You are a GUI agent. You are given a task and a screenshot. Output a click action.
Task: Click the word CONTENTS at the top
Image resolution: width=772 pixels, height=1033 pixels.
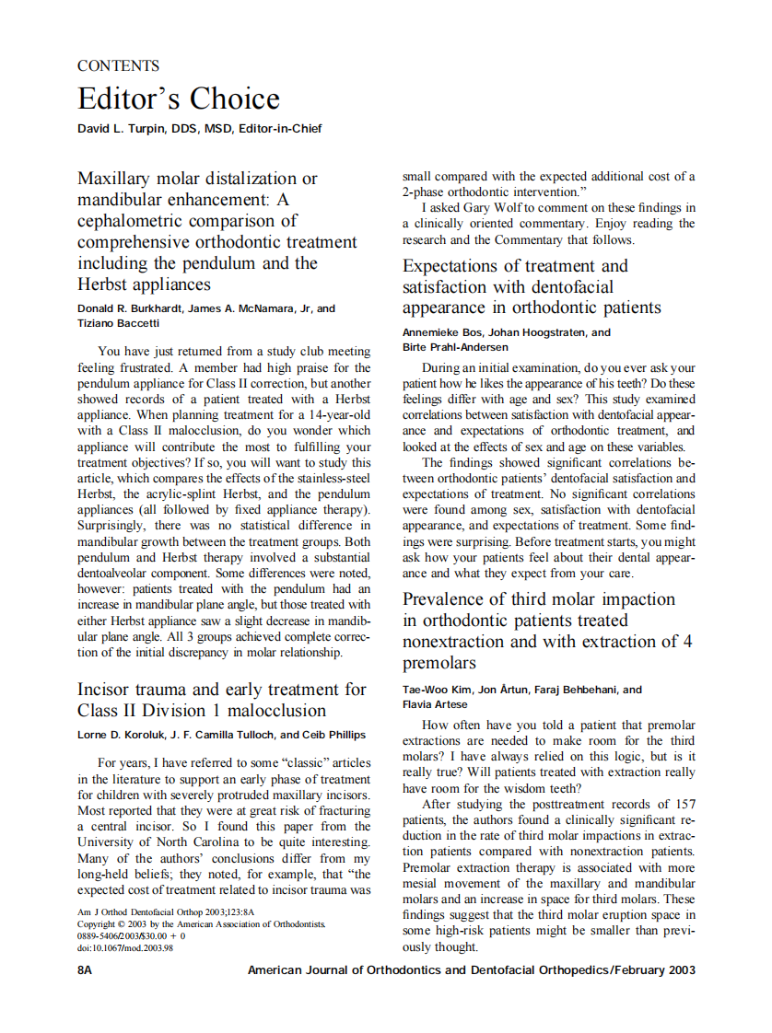click(118, 66)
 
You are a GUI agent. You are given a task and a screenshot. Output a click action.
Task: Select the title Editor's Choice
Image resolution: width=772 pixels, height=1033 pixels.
click(178, 99)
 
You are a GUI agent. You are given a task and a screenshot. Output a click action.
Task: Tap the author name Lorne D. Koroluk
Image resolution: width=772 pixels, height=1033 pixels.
click(122, 735)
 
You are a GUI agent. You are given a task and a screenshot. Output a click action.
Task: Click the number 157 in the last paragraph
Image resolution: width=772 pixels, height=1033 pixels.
click(683, 804)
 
